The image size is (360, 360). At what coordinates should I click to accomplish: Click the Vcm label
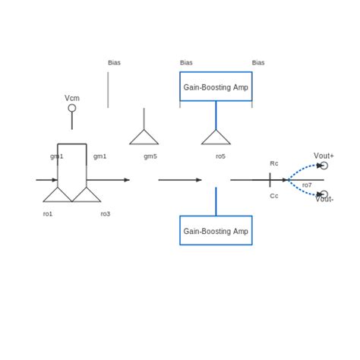(x=72, y=98)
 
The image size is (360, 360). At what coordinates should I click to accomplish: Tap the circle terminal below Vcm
(x=72, y=108)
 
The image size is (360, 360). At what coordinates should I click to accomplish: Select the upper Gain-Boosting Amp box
(x=216, y=87)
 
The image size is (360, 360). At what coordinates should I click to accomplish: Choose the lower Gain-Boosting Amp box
(x=216, y=230)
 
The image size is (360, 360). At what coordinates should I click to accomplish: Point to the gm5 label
(x=150, y=156)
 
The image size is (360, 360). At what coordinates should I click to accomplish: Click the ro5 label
(x=220, y=156)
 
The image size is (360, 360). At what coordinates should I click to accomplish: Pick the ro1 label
(x=48, y=213)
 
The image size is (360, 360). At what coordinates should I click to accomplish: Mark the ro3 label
(x=106, y=213)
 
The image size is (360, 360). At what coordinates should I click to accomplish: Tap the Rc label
(x=274, y=163)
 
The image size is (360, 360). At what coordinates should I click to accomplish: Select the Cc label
(x=274, y=195)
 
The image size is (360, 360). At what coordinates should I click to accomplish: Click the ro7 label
(x=307, y=185)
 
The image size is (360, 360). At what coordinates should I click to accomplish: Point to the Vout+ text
(x=324, y=155)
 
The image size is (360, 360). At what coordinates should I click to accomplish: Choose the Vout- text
(x=324, y=199)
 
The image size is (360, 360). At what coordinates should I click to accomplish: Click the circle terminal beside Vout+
(x=324, y=166)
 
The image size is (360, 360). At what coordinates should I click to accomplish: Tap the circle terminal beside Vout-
(x=324, y=194)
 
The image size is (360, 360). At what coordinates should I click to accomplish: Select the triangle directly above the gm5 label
(x=144, y=138)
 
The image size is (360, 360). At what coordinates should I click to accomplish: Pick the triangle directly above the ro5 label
(x=216, y=138)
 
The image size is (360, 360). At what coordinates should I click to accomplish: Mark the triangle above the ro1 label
(x=58, y=195)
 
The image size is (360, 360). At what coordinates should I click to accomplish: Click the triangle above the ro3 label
(x=87, y=195)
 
